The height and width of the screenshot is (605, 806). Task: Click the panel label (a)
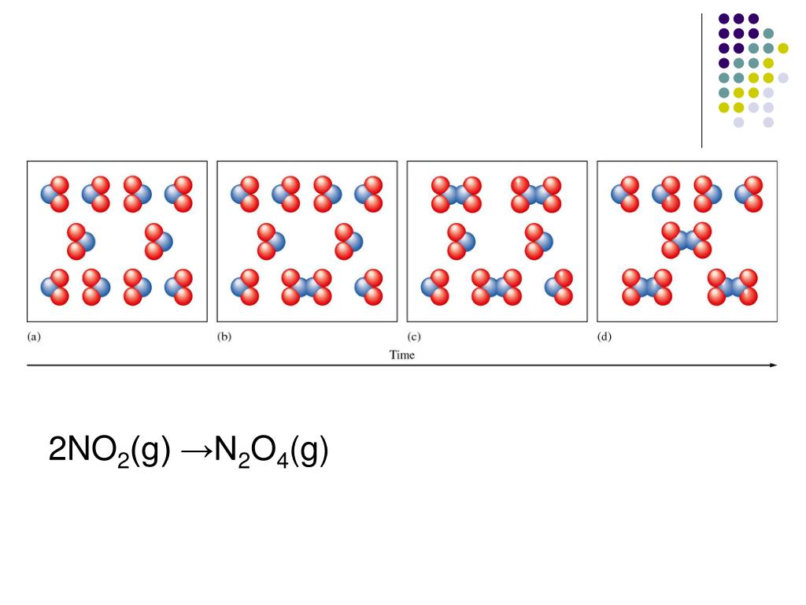[35, 336]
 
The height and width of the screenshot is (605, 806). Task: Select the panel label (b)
[224, 336]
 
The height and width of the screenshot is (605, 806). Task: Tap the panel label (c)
[414, 336]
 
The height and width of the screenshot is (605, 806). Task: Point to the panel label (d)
[604, 336]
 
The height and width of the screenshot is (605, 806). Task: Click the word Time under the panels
[402, 354]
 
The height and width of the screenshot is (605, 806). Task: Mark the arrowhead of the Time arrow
[773, 366]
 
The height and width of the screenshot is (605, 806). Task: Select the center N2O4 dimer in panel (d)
[686, 240]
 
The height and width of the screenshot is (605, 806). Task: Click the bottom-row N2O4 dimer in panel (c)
[497, 287]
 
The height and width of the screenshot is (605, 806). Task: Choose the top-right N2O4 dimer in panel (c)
[535, 194]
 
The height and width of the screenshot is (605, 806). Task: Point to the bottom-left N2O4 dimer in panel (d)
[647, 287]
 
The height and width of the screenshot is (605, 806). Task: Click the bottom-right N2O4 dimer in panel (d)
[732, 287]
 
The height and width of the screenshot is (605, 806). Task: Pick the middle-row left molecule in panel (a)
[79, 241]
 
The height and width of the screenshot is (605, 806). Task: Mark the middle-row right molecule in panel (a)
[157, 241]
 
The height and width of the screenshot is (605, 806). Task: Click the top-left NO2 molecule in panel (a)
[55, 194]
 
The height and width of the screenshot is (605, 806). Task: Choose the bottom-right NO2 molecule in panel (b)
[368, 287]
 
